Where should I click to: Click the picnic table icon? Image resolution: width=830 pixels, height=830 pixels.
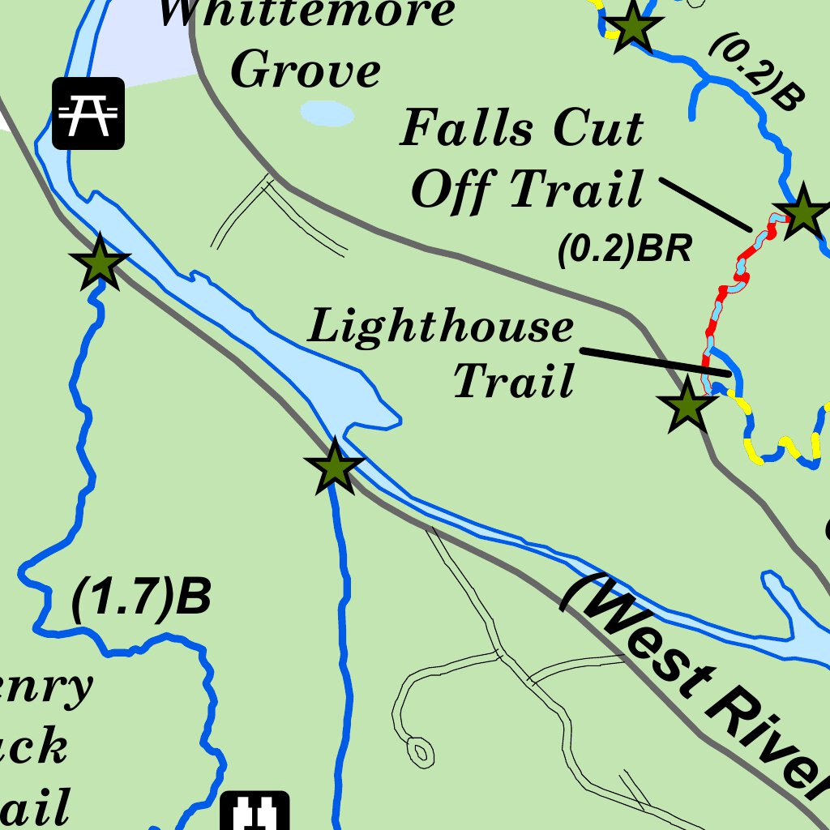point(88,113)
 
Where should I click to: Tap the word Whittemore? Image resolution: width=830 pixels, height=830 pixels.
point(306,12)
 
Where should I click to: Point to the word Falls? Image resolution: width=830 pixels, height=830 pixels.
point(468,128)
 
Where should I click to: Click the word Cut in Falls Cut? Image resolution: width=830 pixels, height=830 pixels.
point(597,128)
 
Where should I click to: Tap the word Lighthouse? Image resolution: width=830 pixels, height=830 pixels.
point(441,327)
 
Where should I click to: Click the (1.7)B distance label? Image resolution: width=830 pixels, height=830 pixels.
point(142,598)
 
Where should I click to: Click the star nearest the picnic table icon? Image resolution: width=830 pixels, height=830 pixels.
point(100,263)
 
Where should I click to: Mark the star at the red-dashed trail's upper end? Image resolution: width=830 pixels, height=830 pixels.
point(802,212)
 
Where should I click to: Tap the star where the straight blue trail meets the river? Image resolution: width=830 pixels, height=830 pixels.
point(334,467)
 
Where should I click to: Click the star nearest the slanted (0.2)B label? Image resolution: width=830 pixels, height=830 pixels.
point(631,28)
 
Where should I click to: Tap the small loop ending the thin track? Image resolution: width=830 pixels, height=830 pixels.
point(420,751)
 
